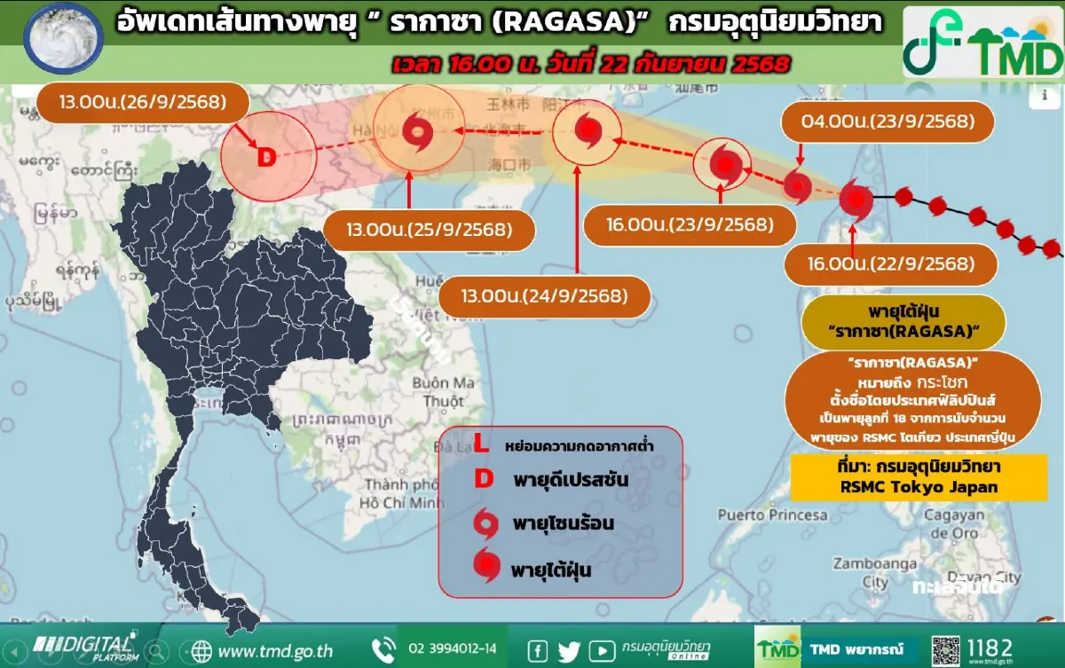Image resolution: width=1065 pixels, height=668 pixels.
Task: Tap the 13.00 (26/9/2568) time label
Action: point(142,102)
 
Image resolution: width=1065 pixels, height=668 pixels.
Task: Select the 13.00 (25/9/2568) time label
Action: point(430,230)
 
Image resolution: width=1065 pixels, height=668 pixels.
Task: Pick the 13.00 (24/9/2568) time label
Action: point(543,294)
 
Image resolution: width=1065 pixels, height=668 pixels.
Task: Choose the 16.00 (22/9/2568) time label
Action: point(890,263)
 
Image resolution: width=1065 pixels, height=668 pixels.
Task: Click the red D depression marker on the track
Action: point(266,158)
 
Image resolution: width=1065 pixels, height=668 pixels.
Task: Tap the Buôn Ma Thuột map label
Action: point(444,392)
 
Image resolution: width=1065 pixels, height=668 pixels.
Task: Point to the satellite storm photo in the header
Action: point(59,38)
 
